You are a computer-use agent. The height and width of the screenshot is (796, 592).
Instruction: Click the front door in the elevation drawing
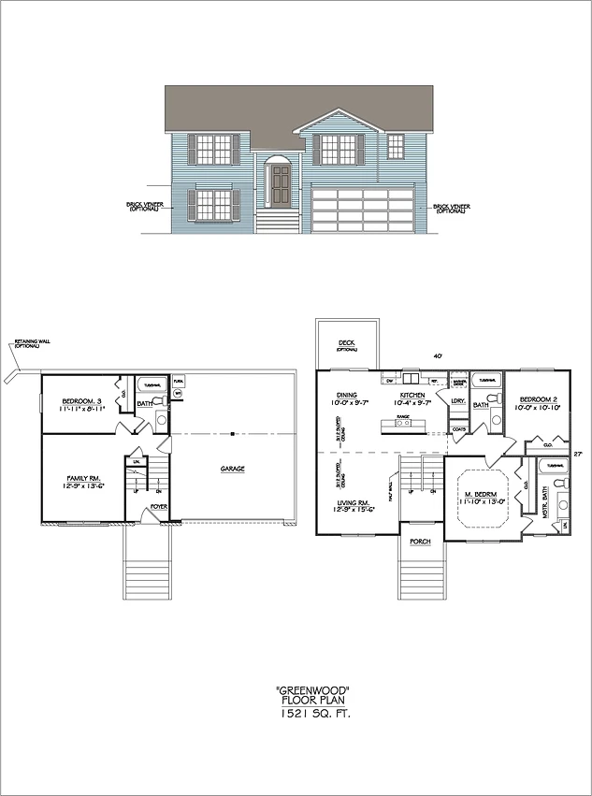tap(280, 185)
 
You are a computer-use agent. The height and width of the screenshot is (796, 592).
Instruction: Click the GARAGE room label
tap(234, 470)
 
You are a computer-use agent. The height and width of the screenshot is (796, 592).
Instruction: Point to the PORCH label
tap(419, 541)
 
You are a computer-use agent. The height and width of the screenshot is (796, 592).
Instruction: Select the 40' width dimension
tap(436, 355)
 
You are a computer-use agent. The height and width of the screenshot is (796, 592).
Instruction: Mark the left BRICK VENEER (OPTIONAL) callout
tap(143, 206)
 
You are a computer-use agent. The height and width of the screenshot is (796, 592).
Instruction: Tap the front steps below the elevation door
tap(279, 221)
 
